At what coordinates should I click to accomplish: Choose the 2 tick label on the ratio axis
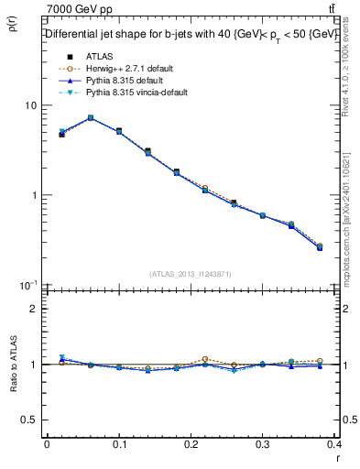tap(34, 309)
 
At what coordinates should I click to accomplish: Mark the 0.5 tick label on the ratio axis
tap(30, 420)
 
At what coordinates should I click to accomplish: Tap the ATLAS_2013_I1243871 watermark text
tap(190, 274)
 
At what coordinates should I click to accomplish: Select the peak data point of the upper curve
tap(90, 117)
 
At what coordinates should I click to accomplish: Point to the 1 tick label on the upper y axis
tap(35, 195)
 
